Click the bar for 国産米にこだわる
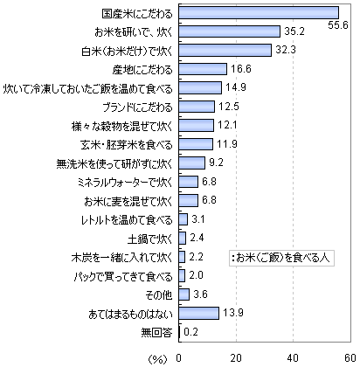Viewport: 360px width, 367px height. pos(259,13)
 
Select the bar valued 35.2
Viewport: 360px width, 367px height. pos(230,31)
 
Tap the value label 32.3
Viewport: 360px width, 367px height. pos(286,50)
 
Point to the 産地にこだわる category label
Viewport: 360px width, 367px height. pos(142,70)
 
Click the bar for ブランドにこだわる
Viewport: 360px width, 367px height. pos(197,107)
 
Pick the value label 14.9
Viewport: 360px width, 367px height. pos(236,87)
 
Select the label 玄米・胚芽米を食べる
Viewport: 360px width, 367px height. pos(127,145)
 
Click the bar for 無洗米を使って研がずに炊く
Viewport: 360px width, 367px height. pos(192,163)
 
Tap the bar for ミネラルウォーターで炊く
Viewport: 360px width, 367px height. pos(189,182)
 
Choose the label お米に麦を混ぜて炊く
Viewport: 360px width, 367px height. pos(128,201)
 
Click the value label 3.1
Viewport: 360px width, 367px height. pos(198,219)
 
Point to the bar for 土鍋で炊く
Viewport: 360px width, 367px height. pos(183,238)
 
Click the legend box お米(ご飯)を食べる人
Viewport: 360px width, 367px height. pos(281,258)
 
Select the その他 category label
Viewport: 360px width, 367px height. pos(159,295)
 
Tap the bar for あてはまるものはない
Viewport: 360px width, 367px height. pos(198,313)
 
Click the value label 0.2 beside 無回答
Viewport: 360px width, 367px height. pos(190,331)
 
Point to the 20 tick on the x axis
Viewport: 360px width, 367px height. pos(236,358)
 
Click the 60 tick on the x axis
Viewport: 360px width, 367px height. pos(350,358)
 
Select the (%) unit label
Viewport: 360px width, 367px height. pos(157,359)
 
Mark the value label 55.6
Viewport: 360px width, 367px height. pos(338,25)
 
